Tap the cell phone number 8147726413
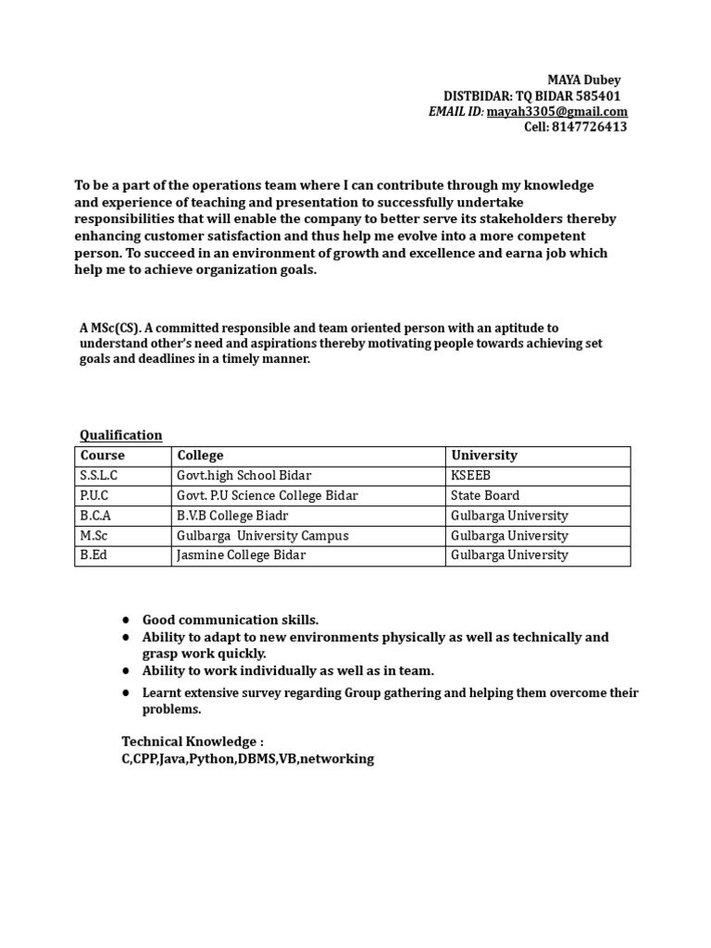point(589,127)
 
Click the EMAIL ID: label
point(455,112)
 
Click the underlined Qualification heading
point(120,435)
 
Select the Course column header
point(102,455)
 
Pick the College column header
point(200,455)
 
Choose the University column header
point(483,455)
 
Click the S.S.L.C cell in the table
point(100,475)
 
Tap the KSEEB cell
point(470,475)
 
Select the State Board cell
point(485,495)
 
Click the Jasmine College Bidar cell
point(241,555)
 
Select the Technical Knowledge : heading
point(193,742)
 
